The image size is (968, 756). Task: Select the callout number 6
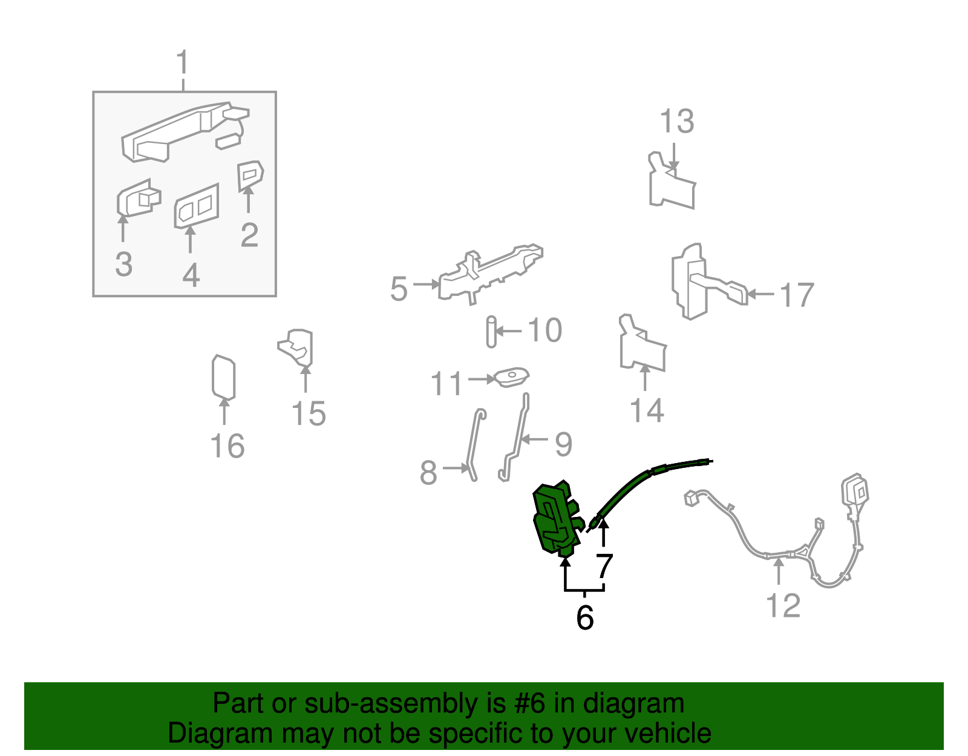[584, 617]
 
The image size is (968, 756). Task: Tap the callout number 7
[604, 567]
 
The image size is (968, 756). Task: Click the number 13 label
[676, 122]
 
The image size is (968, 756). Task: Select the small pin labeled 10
[491, 332]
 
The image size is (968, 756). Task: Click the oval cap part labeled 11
[512, 377]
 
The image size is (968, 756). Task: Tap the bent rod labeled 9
[516, 439]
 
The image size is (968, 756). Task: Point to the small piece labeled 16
[223, 376]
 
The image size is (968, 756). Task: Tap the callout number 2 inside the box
[249, 235]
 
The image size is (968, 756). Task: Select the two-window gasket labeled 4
[197, 206]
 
